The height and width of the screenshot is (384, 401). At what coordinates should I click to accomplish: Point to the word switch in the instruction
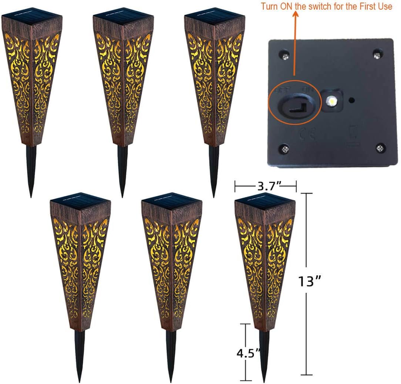323,6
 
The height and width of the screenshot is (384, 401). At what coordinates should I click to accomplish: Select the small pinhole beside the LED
352,100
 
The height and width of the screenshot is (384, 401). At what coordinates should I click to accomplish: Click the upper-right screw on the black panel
377,55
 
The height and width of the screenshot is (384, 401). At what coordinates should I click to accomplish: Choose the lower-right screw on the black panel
380,148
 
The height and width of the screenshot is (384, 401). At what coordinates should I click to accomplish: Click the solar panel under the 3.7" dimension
264,201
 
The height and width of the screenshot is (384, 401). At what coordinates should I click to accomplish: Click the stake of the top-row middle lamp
123,169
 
